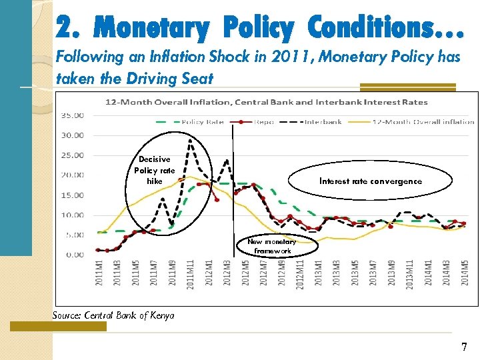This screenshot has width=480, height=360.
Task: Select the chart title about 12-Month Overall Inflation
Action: [266, 102]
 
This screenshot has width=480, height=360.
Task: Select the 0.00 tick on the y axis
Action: [75, 255]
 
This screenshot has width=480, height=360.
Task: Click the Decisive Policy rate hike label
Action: [155, 170]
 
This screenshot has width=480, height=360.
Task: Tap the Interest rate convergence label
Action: [370, 181]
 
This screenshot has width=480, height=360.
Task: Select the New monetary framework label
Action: [271, 246]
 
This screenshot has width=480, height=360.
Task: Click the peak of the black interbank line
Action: [191, 140]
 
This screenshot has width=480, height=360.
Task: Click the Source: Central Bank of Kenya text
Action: [113, 315]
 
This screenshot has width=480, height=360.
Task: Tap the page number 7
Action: [464, 347]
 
